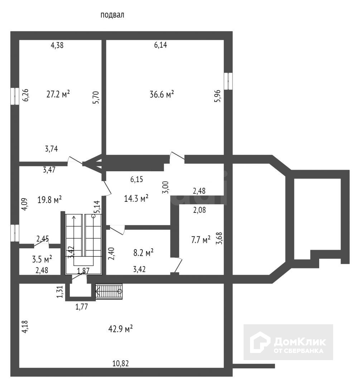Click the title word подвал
(x=112, y=15)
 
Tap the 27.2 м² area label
(x=58, y=94)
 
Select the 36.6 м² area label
(x=162, y=94)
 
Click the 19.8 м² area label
(x=49, y=200)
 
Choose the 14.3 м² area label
(x=136, y=198)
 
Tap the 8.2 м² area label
(x=143, y=253)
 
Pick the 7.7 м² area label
(x=200, y=240)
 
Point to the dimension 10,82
(x=121, y=363)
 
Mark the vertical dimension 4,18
(x=25, y=327)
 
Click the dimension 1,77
(x=81, y=306)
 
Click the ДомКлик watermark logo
(x=288, y=342)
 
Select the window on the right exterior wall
(x=228, y=81)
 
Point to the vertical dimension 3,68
(x=219, y=238)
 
